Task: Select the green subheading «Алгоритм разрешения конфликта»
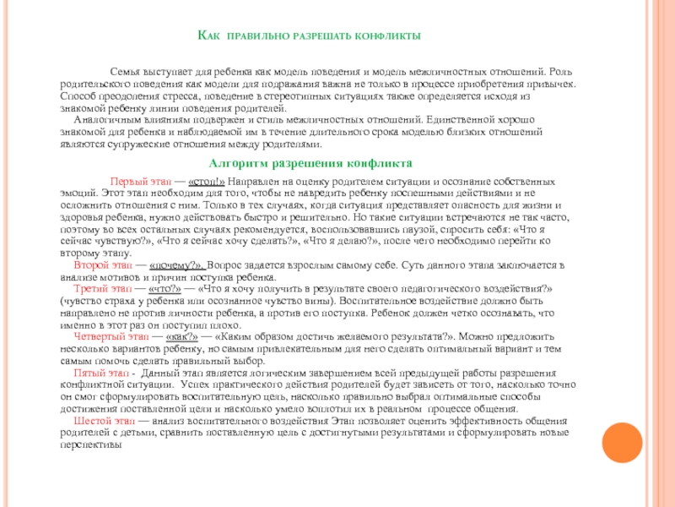310,162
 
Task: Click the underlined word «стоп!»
207,182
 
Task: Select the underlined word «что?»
166,288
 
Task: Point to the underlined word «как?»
183,335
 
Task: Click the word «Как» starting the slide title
208,36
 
